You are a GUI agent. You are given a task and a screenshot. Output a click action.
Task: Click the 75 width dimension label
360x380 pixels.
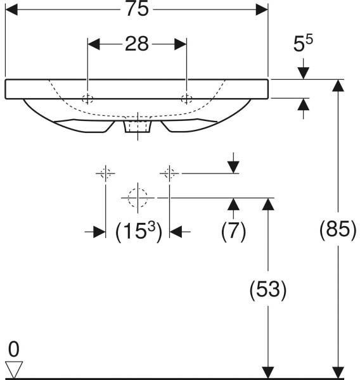[137, 9]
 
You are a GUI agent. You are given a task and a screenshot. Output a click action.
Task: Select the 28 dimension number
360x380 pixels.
[137, 44]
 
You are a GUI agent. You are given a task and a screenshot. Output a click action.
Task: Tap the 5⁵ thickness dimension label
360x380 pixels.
[303, 43]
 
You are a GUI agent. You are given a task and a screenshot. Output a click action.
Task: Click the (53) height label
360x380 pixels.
[268, 289]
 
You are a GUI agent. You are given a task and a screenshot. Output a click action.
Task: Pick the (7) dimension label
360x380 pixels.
[233, 231]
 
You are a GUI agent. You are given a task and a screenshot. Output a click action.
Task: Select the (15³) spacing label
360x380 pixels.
[139, 231]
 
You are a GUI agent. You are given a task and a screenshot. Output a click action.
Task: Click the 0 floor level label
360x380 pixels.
[13, 349]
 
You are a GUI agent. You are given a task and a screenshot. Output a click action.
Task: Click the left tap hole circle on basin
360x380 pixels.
[87, 99]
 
